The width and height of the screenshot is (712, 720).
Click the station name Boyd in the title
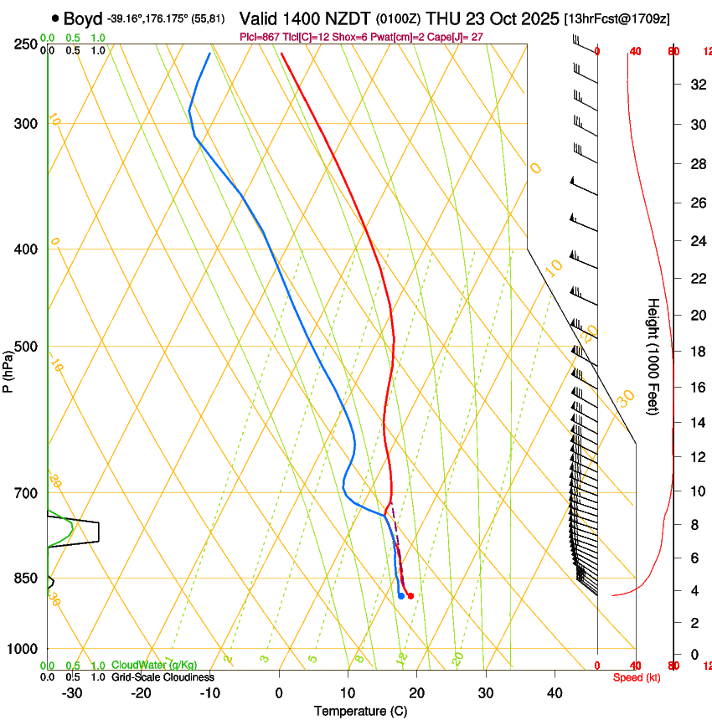click(x=83, y=18)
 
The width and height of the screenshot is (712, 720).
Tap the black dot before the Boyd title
click(x=55, y=18)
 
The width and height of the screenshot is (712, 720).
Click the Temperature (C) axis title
click(x=360, y=711)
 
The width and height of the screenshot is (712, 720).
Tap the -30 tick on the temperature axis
click(x=72, y=692)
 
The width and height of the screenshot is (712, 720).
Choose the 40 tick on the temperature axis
click(x=555, y=692)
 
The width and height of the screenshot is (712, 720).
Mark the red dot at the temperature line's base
click(x=410, y=596)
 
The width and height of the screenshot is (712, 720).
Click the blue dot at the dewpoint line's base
click(x=401, y=596)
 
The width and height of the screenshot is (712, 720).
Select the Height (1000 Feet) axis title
click(x=653, y=356)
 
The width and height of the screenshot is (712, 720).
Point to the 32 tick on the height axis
click(x=696, y=84)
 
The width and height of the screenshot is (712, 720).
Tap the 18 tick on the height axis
click(x=696, y=352)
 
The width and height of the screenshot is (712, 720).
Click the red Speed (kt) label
click(x=637, y=677)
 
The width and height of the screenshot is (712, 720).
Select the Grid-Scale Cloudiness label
click(x=163, y=677)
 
